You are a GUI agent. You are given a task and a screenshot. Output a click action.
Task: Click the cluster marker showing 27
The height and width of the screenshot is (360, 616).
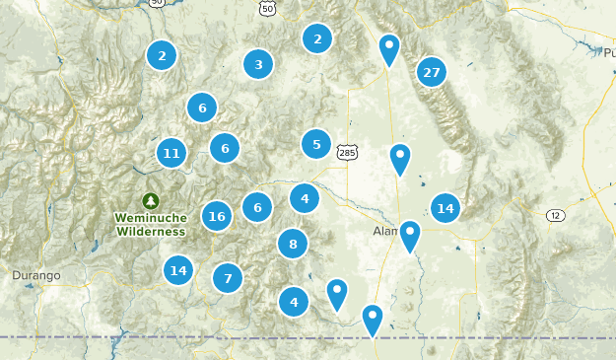[431, 72]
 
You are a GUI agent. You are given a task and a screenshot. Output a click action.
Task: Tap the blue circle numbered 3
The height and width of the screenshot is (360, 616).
[258, 65]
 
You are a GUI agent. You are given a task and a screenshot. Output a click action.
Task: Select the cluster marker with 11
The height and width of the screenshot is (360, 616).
[171, 153]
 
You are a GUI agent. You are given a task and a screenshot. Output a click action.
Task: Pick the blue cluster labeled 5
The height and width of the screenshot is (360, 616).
[316, 144]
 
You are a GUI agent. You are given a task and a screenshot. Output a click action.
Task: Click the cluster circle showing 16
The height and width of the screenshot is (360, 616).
[218, 216]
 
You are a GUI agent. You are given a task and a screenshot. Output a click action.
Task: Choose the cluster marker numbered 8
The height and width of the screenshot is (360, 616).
[292, 243]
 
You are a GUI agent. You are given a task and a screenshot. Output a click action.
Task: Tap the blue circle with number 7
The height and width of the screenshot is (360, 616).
[228, 278]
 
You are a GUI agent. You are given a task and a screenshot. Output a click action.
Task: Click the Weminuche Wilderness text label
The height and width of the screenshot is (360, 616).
[150, 224]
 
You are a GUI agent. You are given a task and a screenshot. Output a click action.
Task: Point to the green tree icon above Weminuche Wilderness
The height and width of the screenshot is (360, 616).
[150, 199]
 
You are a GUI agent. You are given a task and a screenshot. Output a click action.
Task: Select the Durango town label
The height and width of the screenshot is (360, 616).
[38, 273]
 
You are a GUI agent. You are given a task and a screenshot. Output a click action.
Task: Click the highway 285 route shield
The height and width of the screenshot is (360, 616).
[347, 151]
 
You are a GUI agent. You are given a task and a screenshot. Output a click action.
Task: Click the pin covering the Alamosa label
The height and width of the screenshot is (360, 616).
[409, 236]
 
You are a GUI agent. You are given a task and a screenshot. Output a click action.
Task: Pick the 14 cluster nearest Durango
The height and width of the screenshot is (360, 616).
[178, 269]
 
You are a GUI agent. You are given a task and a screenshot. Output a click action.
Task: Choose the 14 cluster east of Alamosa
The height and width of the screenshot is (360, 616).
[445, 207]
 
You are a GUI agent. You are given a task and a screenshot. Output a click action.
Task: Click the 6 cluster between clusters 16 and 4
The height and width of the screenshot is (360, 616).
[257, 207]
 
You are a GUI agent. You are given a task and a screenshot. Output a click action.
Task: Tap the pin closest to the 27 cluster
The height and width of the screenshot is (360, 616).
[390, 49]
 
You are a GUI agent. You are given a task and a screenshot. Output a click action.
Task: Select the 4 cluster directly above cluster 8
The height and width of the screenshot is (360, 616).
[305, 198]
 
